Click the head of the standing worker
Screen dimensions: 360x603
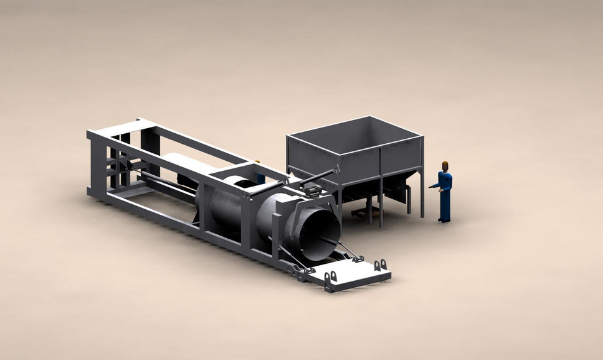point(445,166)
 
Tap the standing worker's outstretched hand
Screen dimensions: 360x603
point(432,186)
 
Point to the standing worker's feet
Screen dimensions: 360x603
point(444,219)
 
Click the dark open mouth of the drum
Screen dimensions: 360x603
point(320,233)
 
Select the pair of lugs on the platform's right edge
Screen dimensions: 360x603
point(381,265)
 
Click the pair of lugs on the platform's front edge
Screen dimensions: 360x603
point(331,276)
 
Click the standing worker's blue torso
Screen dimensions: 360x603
point(445,182)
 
